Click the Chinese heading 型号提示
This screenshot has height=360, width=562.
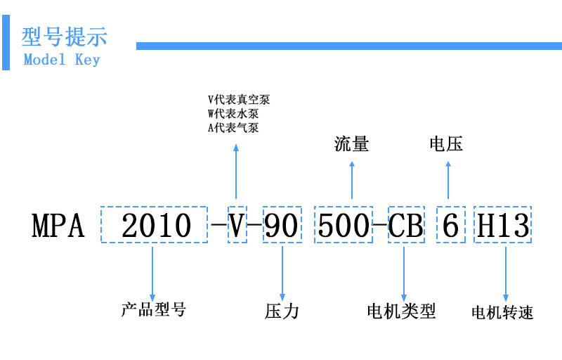(64, 37)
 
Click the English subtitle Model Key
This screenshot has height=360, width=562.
(62, 60)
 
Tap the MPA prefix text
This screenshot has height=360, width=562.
(58, 226)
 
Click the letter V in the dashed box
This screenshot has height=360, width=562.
(236, 226)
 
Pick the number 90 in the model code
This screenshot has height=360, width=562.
(282, 226)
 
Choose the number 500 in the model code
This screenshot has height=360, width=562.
(344, 226)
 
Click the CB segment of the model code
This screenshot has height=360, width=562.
(406, 226)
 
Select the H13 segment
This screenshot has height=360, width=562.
(503, 226)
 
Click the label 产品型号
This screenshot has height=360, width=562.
(153, 309)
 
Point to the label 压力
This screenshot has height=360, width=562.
(282, 311)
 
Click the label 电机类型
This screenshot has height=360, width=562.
(401, 311)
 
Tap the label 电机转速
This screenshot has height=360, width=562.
(502, 312)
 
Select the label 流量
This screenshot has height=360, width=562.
(352, 143)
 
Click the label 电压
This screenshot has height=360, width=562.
(446, 143)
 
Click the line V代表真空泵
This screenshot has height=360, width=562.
(239, 99)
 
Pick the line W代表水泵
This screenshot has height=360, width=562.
(233, 114)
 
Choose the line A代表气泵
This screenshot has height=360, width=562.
(233, 128)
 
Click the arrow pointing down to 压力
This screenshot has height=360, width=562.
(282, 274)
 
